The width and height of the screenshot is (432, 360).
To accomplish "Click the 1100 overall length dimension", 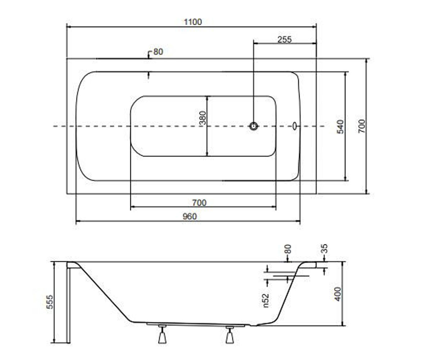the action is [193, 22].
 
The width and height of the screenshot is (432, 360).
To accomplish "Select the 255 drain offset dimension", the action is [284, 40].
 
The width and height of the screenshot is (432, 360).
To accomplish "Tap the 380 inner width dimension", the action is [203, 118].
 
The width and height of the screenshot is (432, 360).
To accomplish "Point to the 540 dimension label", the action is [340, 127].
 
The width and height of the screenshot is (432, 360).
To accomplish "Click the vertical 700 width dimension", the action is [361, 126].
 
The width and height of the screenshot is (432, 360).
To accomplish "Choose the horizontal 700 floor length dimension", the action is [199, 203].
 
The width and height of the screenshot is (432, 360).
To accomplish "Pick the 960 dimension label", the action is [190, 217].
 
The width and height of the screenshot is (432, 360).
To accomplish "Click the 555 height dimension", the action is [50, 302].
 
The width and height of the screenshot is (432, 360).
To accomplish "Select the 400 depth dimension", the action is [337, 294].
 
